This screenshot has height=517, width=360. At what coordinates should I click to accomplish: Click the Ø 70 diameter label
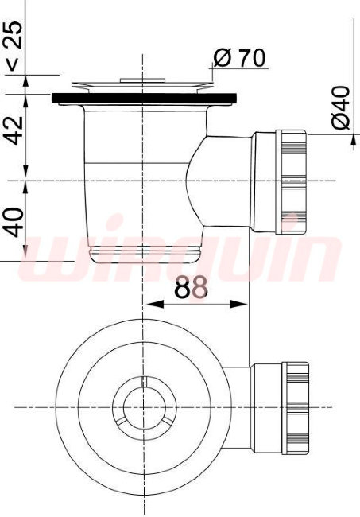[x=239, y=58]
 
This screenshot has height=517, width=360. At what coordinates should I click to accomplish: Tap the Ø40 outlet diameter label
[x=340, y=107]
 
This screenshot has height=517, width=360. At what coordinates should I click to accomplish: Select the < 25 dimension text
[x=14, y=46]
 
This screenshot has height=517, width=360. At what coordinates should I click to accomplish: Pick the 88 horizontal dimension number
[x=191, y=287]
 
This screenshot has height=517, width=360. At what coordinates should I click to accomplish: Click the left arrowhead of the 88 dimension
[x=155, y=304]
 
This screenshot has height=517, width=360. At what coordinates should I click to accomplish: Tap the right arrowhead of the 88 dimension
[x=238, y=304]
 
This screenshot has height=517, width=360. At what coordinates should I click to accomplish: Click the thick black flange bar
[x=145, y=99]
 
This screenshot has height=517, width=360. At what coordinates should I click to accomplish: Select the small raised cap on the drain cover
[x=142, y=80]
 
